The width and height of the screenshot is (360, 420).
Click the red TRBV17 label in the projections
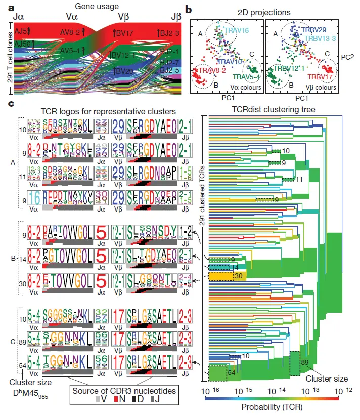click(320, 77)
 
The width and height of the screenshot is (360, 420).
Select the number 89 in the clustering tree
click(305, 362)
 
